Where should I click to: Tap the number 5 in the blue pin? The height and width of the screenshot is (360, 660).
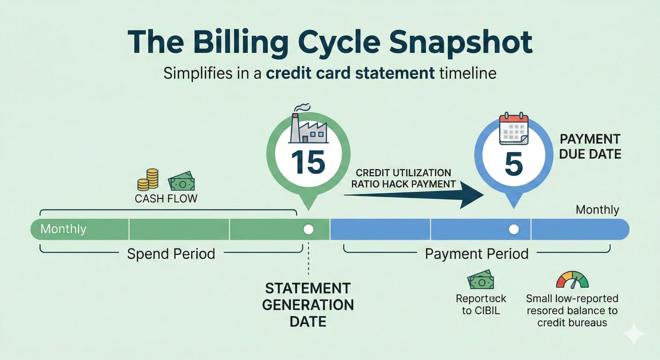pos(514,164)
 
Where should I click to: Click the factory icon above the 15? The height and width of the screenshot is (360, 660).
pos(308,129)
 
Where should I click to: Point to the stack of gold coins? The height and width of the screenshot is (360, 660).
pos(148,179)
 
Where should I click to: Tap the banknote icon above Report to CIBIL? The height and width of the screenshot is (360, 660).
pos(481,280)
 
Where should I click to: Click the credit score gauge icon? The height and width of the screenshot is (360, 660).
pos(572,280)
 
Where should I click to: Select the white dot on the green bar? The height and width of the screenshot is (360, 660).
pos(308,229)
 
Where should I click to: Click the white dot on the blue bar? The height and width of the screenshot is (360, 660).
pos(514,229)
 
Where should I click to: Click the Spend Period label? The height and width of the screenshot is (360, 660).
pos(171,254)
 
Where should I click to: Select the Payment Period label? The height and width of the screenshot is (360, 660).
pos(476,254)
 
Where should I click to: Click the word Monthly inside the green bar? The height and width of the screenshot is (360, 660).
pos(63,229)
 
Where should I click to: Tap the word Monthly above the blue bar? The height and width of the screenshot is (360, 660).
pos(597,210)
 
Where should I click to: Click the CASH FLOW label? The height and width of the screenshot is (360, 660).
pos(166,199)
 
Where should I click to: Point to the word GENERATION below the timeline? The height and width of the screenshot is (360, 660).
pos(308,305)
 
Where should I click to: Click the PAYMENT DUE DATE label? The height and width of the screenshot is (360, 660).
pos(590,147)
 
